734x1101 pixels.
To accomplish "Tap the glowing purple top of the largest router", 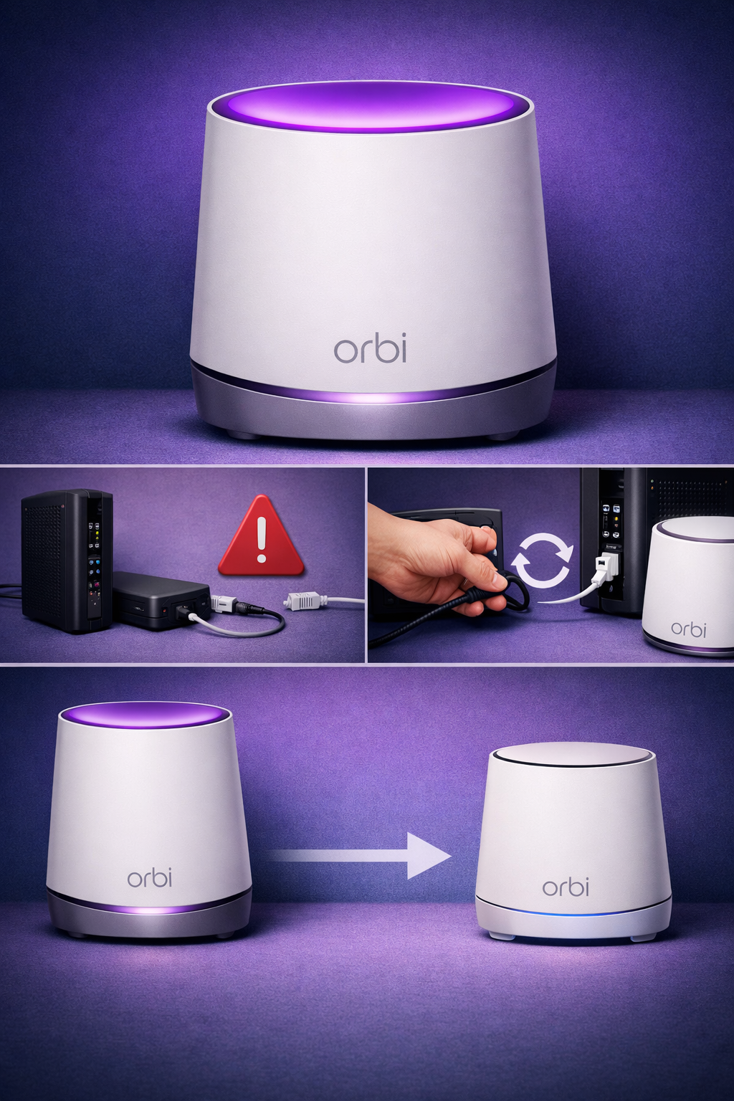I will (371, 108).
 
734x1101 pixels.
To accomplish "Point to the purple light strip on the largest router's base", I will (373, 396).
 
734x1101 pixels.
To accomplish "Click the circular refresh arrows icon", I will (542, 559).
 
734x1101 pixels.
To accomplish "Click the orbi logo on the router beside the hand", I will (688, 629).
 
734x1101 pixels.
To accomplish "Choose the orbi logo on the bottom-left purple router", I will (149, 877).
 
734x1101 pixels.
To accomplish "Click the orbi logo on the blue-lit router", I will (566, 887).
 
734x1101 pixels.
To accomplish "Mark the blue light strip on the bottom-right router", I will (573, 914).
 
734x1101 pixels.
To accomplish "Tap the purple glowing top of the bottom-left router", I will (145, 716).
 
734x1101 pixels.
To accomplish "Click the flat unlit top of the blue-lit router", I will (571, 755).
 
